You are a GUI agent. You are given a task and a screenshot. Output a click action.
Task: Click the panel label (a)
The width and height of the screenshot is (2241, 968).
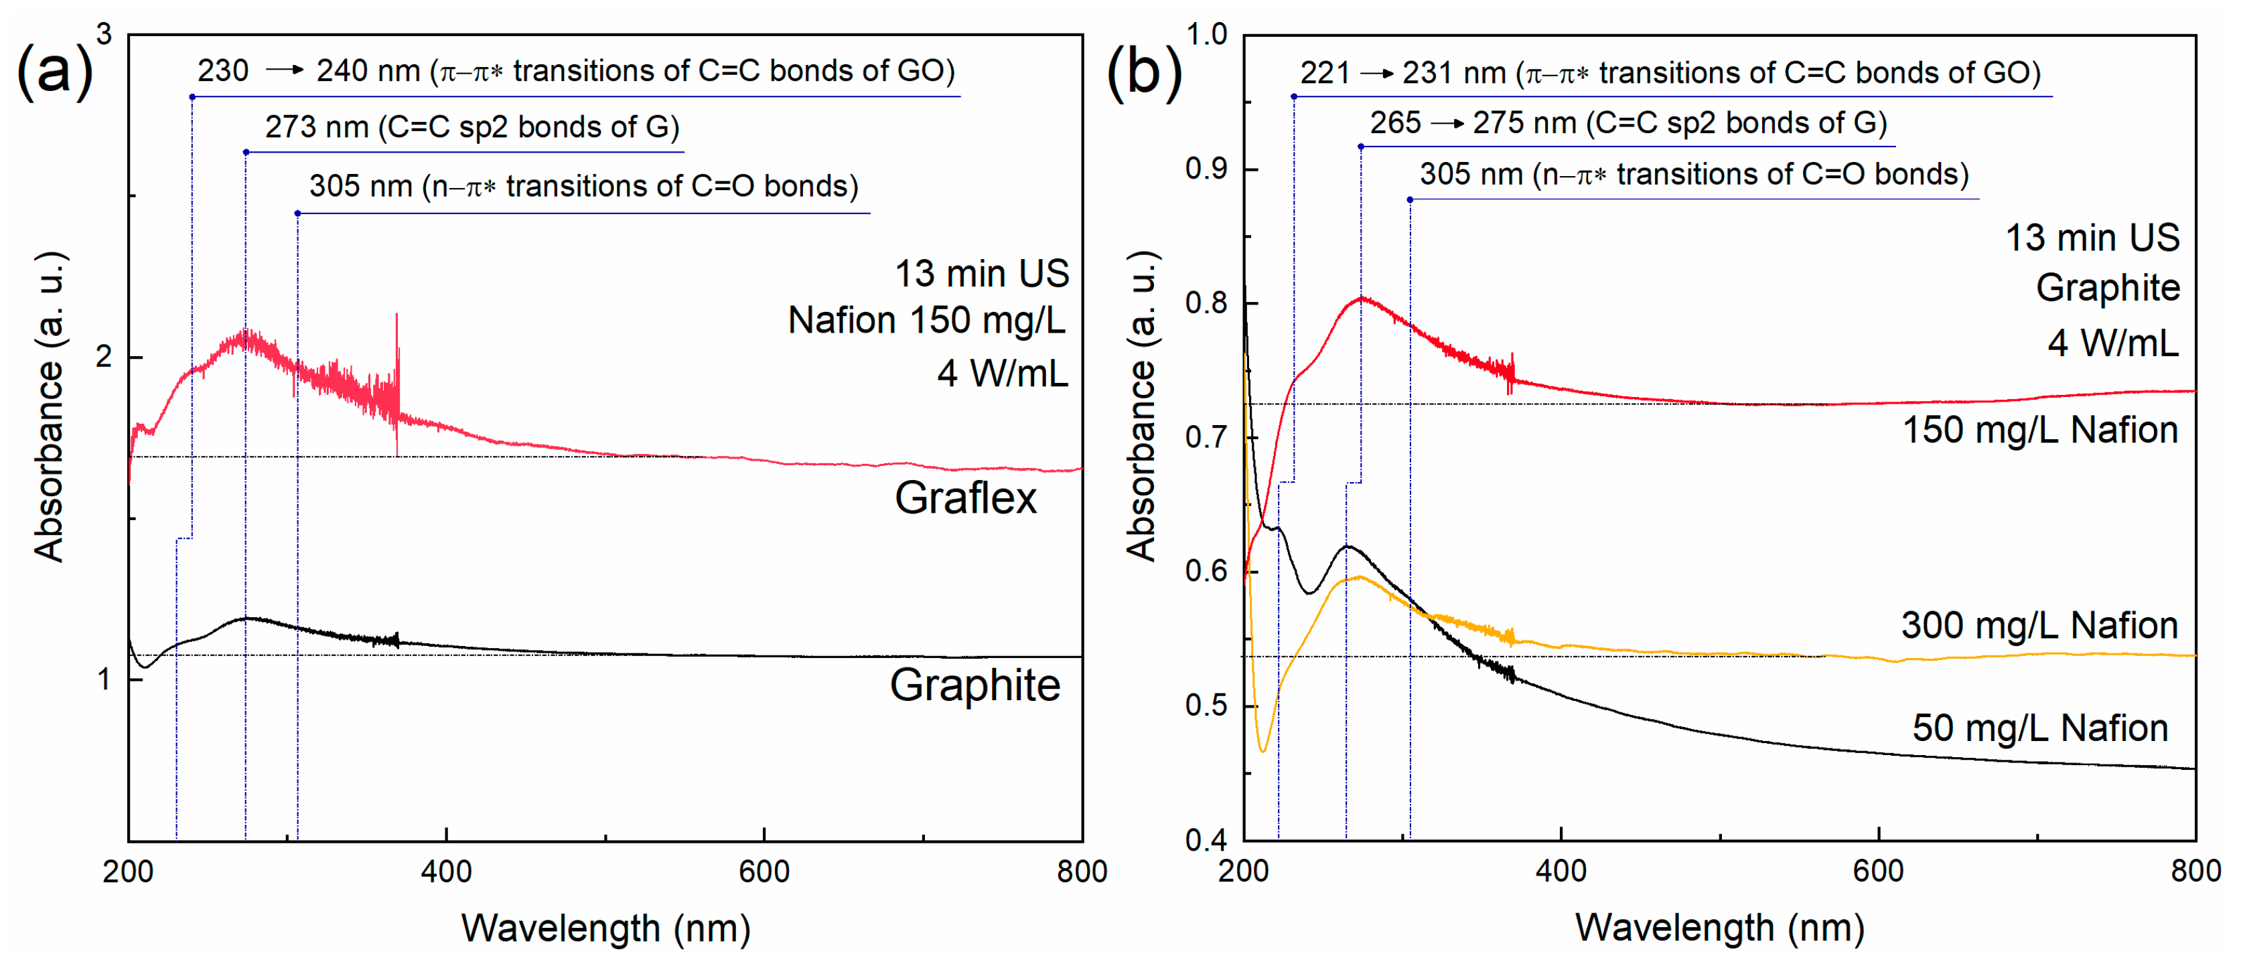click(54, 72)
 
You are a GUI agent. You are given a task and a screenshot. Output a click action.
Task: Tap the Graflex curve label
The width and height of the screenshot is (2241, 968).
click(966, 498)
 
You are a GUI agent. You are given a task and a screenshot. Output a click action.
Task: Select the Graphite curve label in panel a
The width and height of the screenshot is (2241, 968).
click(974, 685)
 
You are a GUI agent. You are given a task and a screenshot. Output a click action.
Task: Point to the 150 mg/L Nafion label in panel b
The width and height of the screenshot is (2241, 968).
click(2039, 430)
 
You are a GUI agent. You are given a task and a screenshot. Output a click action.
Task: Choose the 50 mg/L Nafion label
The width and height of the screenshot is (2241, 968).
click(2039, 728)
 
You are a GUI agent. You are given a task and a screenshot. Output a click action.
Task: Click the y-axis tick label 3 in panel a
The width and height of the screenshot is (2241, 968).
click(104, 35)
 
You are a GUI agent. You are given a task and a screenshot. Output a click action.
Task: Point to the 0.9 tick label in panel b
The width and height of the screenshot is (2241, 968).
click(1207, 169)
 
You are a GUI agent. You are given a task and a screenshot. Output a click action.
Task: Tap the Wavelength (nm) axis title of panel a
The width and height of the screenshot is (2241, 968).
click(605, 928)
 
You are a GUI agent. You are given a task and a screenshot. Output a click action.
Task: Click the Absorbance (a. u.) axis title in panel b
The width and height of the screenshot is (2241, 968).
click(1141, 405)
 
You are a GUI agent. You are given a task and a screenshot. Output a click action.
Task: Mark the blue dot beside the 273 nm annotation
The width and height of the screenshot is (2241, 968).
click(246, 152)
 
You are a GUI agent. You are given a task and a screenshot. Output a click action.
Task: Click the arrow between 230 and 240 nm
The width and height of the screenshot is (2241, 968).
click(283, 70)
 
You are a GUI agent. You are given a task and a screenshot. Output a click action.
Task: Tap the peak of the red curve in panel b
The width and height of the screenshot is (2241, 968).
click(1362, 299)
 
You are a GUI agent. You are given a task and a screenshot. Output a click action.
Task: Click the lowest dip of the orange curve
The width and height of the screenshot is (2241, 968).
click(1263, 750)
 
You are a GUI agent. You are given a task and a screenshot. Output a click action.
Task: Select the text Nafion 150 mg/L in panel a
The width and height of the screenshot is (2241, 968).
click(926, 321)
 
